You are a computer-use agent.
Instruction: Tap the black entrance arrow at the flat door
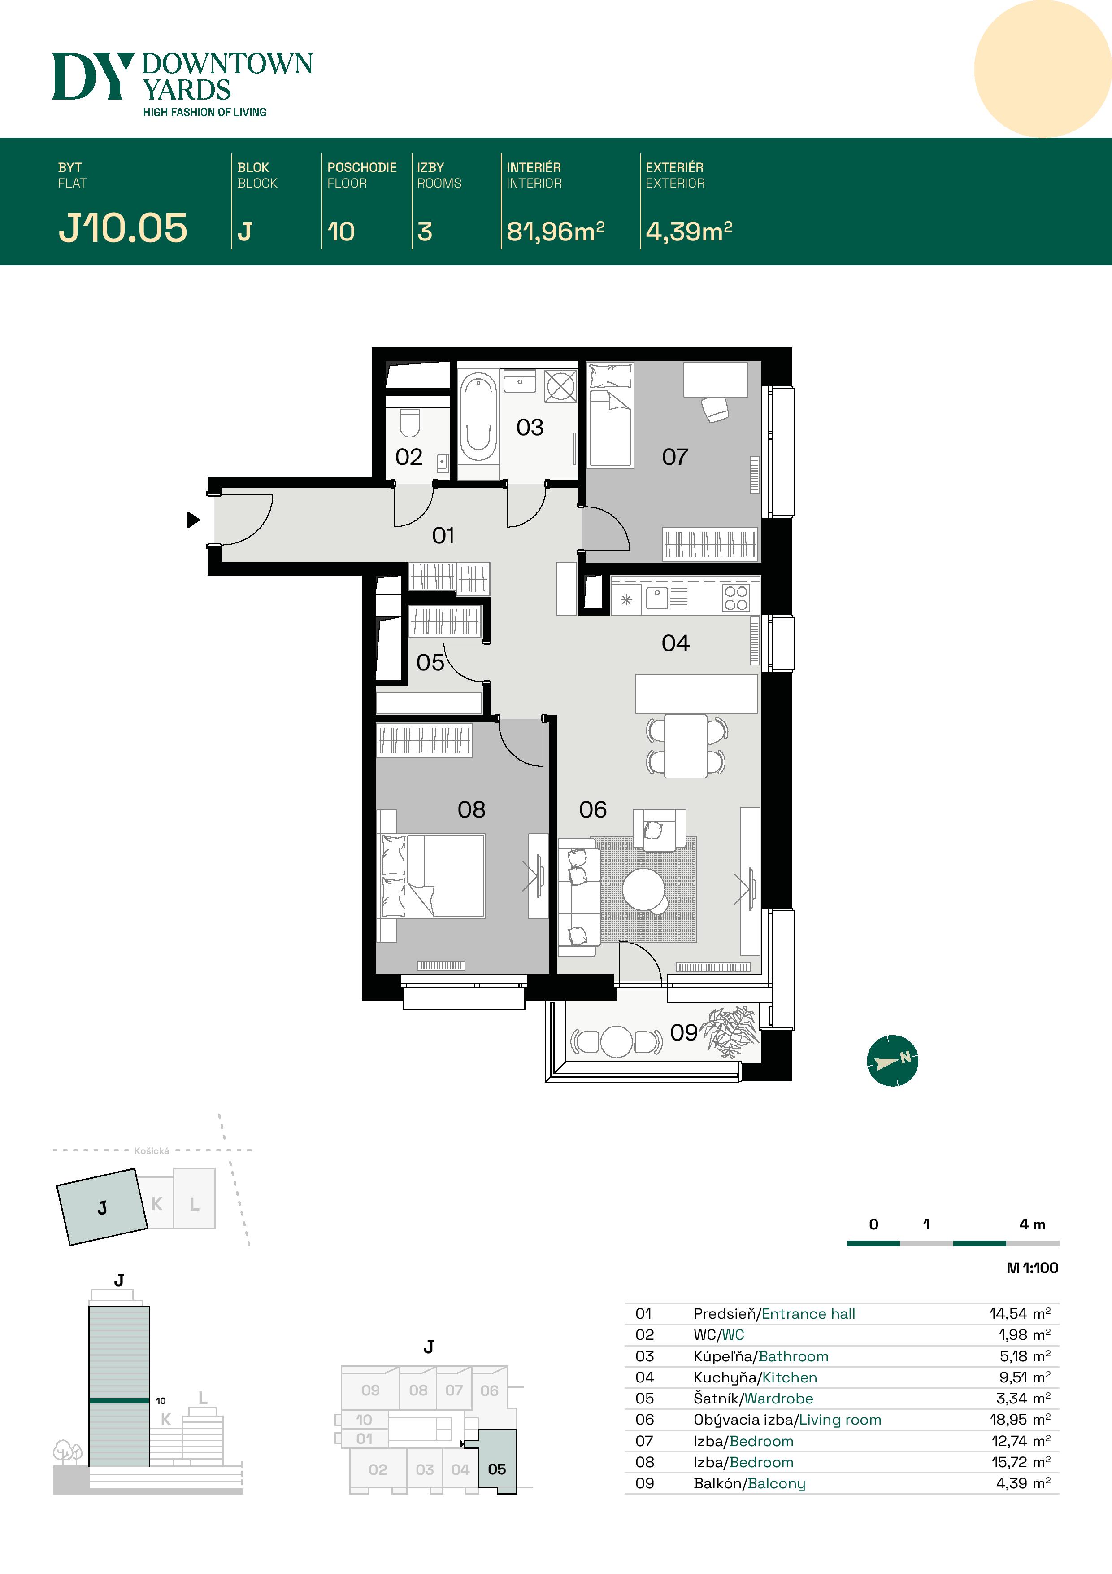(x=193, y=520)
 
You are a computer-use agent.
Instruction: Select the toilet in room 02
(x=410, y=423)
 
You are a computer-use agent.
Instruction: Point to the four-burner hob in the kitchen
(x=735, y=598)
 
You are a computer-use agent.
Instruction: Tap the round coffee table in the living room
(x=643, y=889)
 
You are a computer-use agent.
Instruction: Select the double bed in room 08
(x=432, y=875)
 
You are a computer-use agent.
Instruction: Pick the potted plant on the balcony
(x=732, y=1032)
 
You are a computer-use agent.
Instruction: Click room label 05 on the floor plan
(x=430, y=662)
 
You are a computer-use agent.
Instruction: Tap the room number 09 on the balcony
(x=684, y=1032)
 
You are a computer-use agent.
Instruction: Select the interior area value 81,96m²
(x=556, y=232)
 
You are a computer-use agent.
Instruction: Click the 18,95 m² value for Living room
(x=1020, y=1419)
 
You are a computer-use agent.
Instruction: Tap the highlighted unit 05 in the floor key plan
(x=497, y=1469)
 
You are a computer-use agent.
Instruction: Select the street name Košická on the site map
(x=152, y=1151)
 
